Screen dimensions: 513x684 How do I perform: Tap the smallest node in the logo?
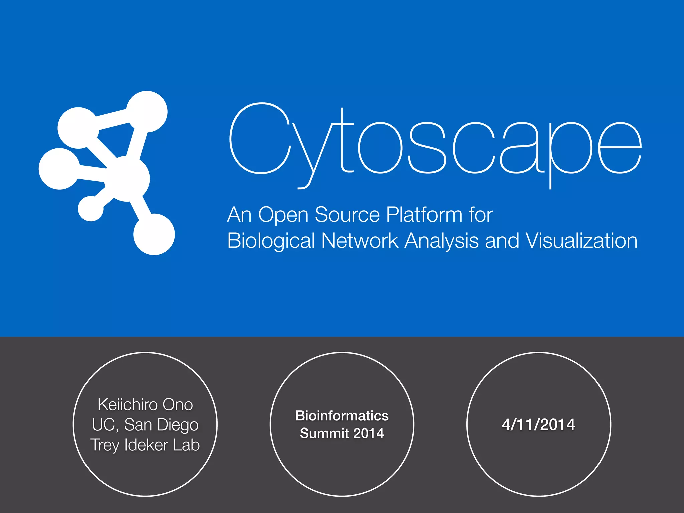pyautogui.click(x=91, y=208)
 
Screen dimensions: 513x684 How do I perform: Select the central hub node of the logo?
pyautogui.click(x=127, y=179)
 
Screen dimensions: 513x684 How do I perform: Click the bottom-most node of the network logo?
pyautogui.click(x=154, y=234)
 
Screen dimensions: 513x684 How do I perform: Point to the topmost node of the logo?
pyautogui.click(x=147, y=112)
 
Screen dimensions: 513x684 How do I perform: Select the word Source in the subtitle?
pyautogui.click(x=347, y=214)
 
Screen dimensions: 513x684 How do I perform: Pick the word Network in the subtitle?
pyautogui.click(x=360, y=241)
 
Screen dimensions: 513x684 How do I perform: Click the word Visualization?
pyautogui.click(x=581, y=241)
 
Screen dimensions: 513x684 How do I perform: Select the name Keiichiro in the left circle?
pyautogui.click(x=123, y=405)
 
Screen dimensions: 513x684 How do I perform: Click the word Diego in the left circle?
pyautogui.click(x=178, y=425)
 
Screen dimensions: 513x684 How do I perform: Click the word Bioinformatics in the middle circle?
pyautogui.click(x=342, y=416)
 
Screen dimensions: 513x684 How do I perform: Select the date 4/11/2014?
pyautogui.click(x=538, y=424)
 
